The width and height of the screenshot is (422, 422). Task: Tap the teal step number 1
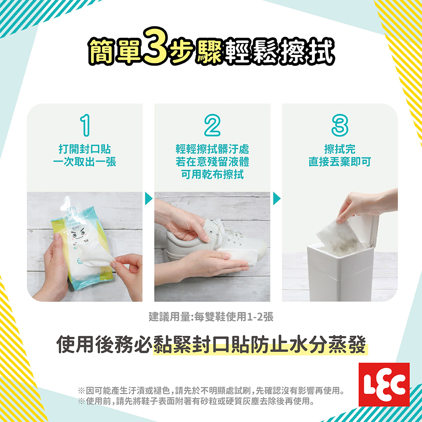[85, 125]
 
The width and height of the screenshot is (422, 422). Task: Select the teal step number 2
[212, 125]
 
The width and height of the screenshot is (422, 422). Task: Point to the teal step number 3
[340, 125]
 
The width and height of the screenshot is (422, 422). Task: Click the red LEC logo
[384, 384]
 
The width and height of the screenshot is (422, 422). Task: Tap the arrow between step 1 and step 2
[148, 199]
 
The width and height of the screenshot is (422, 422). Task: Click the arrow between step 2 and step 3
[276, 199]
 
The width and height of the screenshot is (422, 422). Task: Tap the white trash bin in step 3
[342, 269]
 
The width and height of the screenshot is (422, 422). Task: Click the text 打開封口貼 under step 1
[85, 149]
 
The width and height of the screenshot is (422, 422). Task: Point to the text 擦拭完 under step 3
[340, 149]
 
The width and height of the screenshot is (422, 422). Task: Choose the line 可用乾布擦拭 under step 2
[212, 175]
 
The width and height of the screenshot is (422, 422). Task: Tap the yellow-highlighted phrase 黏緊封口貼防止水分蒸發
[260, 345]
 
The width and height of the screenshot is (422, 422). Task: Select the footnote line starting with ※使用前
[196, 402]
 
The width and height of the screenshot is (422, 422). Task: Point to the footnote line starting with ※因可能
[211, 390]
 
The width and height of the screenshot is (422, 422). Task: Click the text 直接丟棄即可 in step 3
[340, 162]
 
